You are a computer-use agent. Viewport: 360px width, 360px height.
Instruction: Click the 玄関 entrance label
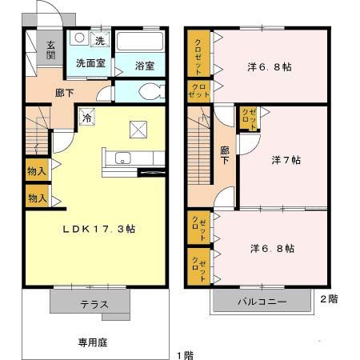(x=50, y=50)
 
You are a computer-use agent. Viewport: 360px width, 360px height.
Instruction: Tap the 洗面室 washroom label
(x=90, y=62)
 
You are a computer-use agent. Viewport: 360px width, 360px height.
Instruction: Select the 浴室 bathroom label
(x=145, y=66)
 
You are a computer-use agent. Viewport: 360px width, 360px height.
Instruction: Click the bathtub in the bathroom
(x=140, y=42)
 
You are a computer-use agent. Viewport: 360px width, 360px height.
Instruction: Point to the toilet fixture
(x=153, y=90)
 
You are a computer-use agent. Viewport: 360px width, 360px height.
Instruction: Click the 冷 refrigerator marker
(x=86, y=118)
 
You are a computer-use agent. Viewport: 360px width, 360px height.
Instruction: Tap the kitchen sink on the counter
(x=123, y=158)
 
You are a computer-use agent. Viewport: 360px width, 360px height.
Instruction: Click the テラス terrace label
(x=94, y=304)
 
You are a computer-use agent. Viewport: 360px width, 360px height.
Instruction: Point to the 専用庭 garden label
(x=92, y=342)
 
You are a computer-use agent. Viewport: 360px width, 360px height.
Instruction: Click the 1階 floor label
(x=185, y=354)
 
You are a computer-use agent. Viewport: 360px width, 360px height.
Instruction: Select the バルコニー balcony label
(x=261, y=302)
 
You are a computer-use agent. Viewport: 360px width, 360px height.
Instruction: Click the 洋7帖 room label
(x=286, y=161)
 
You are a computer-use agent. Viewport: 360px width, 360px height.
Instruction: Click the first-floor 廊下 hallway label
(x=64, y=93)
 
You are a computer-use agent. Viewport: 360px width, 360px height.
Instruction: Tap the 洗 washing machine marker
(x=100, y=40)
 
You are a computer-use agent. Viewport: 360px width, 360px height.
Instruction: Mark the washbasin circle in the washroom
(x=80, y=40)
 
